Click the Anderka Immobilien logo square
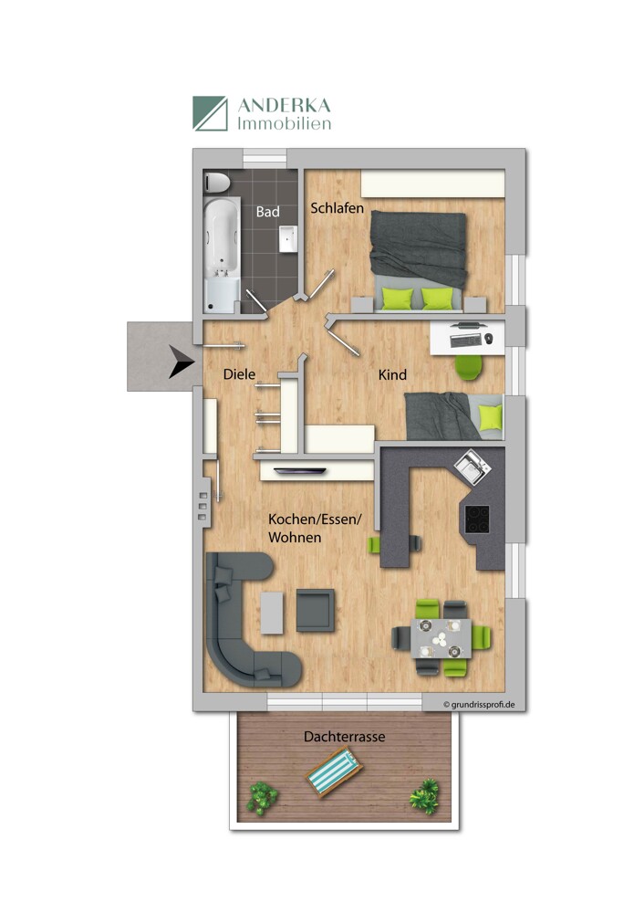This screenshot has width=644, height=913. pos(210,113)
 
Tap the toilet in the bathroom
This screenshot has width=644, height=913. pos(217,182)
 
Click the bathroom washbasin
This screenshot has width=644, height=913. pos(289,238)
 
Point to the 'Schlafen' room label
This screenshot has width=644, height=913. pos(337,208)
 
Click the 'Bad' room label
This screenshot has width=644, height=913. pos(267,211)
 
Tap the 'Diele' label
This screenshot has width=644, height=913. pos(239,373)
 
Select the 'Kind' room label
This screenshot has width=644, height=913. pos(393,374)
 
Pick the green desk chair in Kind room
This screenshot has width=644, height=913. pos(468,366)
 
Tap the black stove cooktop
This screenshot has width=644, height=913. pos(477,519)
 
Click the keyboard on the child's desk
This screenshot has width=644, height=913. pos(463,340)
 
